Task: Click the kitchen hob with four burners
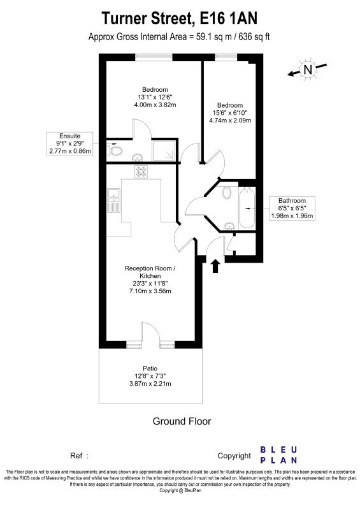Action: (x=141, y=171)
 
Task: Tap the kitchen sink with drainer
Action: (x=114, y=200)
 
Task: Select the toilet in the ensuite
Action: (x=114, y=150)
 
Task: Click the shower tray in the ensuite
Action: (x=164, y=150)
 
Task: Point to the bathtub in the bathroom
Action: (x=247, y=208)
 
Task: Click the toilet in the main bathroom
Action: (x=227, y=193)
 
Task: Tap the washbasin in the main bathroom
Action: (x=229, y=226)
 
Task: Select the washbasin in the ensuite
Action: (x=138, y=157)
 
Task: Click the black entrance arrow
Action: (x=215, y=266)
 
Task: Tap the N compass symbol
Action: (x=307, y=69)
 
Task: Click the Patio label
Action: (x=150, y=368)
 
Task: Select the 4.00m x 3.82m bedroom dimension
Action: (x=155, y=105)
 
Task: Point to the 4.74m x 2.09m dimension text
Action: (x=230, y=120)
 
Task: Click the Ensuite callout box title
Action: (x=69, y=136)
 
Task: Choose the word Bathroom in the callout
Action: (x=292, y=201)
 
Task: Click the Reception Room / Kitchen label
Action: (x=150, y=272)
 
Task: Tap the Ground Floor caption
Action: (x=182, y=421)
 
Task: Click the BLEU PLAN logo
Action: (x=278, y=455)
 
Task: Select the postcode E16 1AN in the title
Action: (x=228, y=18)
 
